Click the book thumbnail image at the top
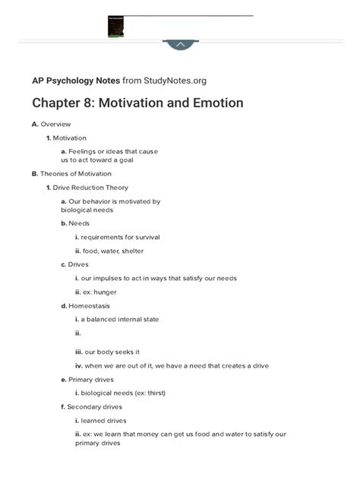pyautogui.click(x=115, y=27)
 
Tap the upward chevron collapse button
pyautogui.click(x=180, y=45)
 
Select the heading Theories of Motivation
pyautogui.click(x=75, y=173)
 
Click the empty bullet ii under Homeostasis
pyautogui.click(x=77, y=333)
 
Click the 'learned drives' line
pyautogui.click(x=105, y=420)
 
